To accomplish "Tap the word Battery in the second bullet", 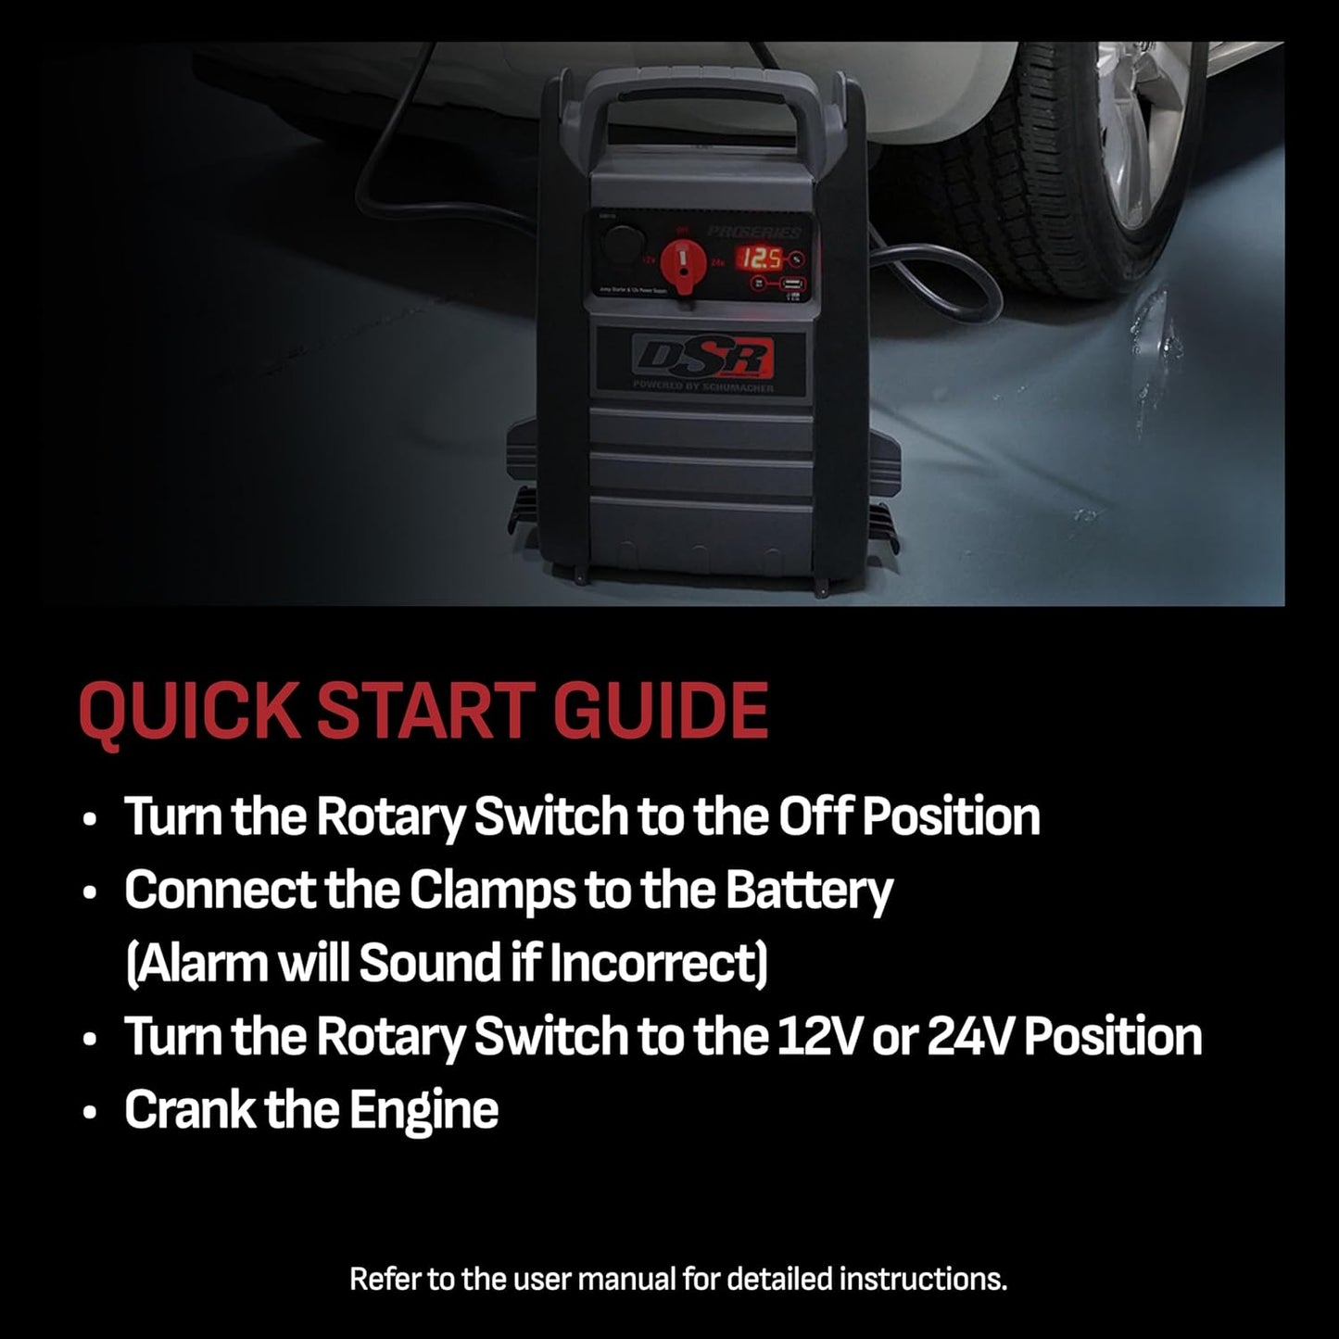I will click(808, 891).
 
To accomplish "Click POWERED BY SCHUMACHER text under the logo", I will click(701, 387).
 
